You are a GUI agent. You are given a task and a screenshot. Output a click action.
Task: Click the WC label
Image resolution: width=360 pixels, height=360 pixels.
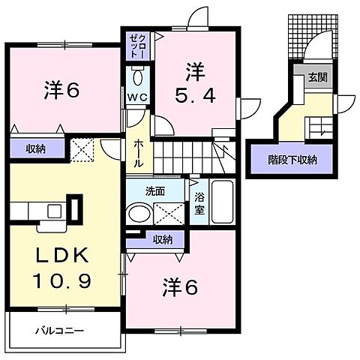point(137,98)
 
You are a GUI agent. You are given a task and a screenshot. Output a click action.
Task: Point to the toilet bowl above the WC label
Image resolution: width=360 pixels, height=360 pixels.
point(137,78)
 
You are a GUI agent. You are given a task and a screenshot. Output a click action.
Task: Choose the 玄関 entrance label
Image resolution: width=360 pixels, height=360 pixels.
point(317,77)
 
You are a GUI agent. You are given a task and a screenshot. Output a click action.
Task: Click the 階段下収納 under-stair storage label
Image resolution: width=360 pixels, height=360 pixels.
point(293,159)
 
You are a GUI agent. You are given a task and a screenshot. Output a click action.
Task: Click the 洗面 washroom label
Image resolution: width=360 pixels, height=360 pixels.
point(155,191)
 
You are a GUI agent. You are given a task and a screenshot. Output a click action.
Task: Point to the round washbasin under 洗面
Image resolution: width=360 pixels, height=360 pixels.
point(139,213)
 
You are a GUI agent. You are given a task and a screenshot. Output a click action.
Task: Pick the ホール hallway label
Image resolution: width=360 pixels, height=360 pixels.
point(139,152)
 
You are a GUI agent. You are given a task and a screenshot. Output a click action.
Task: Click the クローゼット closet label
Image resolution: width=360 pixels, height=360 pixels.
point(135,43)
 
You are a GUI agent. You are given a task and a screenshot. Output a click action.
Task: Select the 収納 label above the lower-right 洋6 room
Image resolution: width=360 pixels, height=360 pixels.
point(163,239)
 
